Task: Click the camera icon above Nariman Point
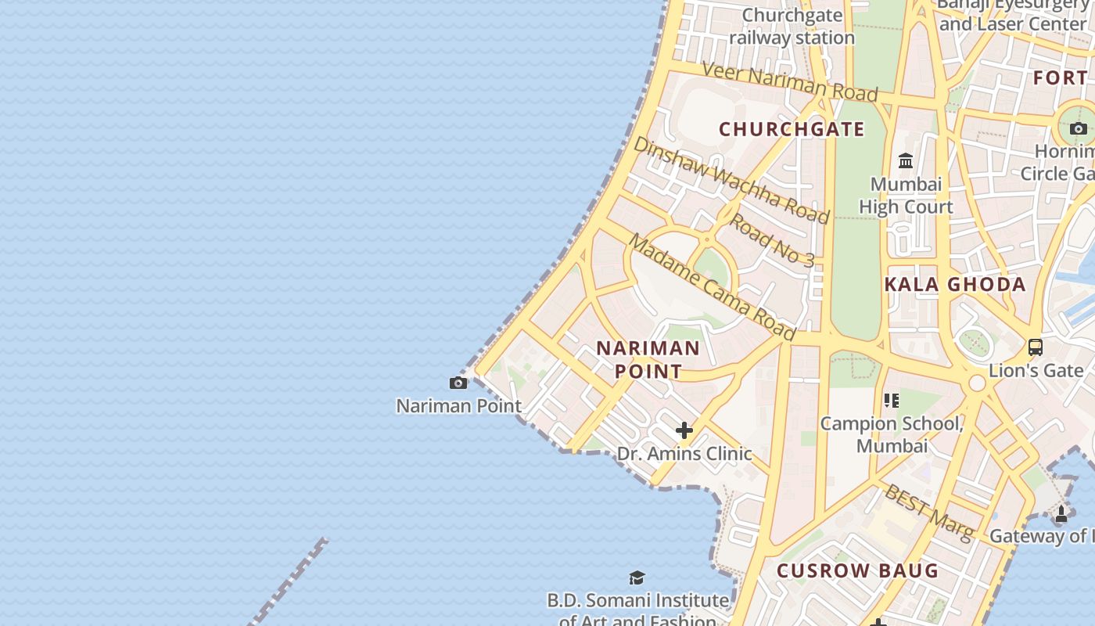458,383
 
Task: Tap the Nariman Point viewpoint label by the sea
458,405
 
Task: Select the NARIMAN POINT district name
648,359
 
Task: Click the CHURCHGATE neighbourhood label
792,129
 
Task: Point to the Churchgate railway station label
792,27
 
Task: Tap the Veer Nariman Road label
790,81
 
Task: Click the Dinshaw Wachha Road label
731,179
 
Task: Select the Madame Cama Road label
712,287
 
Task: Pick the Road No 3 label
772,239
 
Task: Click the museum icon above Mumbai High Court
906,161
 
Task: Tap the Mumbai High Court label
906,196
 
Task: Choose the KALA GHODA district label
955,284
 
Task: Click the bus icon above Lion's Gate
1035,347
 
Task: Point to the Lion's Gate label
1036,369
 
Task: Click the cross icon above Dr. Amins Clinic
684,430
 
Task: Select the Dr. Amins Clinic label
684,453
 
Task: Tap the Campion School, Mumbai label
892,434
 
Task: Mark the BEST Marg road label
928,512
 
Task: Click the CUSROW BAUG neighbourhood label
857,570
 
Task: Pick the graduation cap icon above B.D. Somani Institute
637,577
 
